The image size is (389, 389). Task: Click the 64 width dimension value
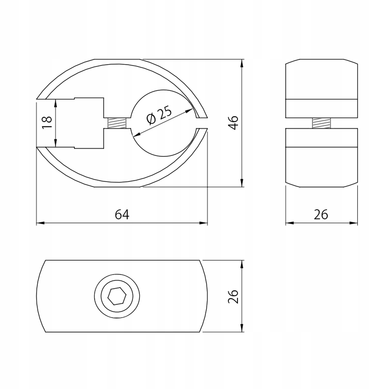[x=122, y=215]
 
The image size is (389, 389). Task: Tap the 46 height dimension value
[x=234, y=123]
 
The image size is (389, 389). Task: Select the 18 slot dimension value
[x=47, y=122]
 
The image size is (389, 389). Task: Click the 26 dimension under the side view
[x=321, y=215]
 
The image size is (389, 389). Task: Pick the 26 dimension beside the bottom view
[x=233, y=296]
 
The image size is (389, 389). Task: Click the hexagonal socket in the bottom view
[x=117, y=296]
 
